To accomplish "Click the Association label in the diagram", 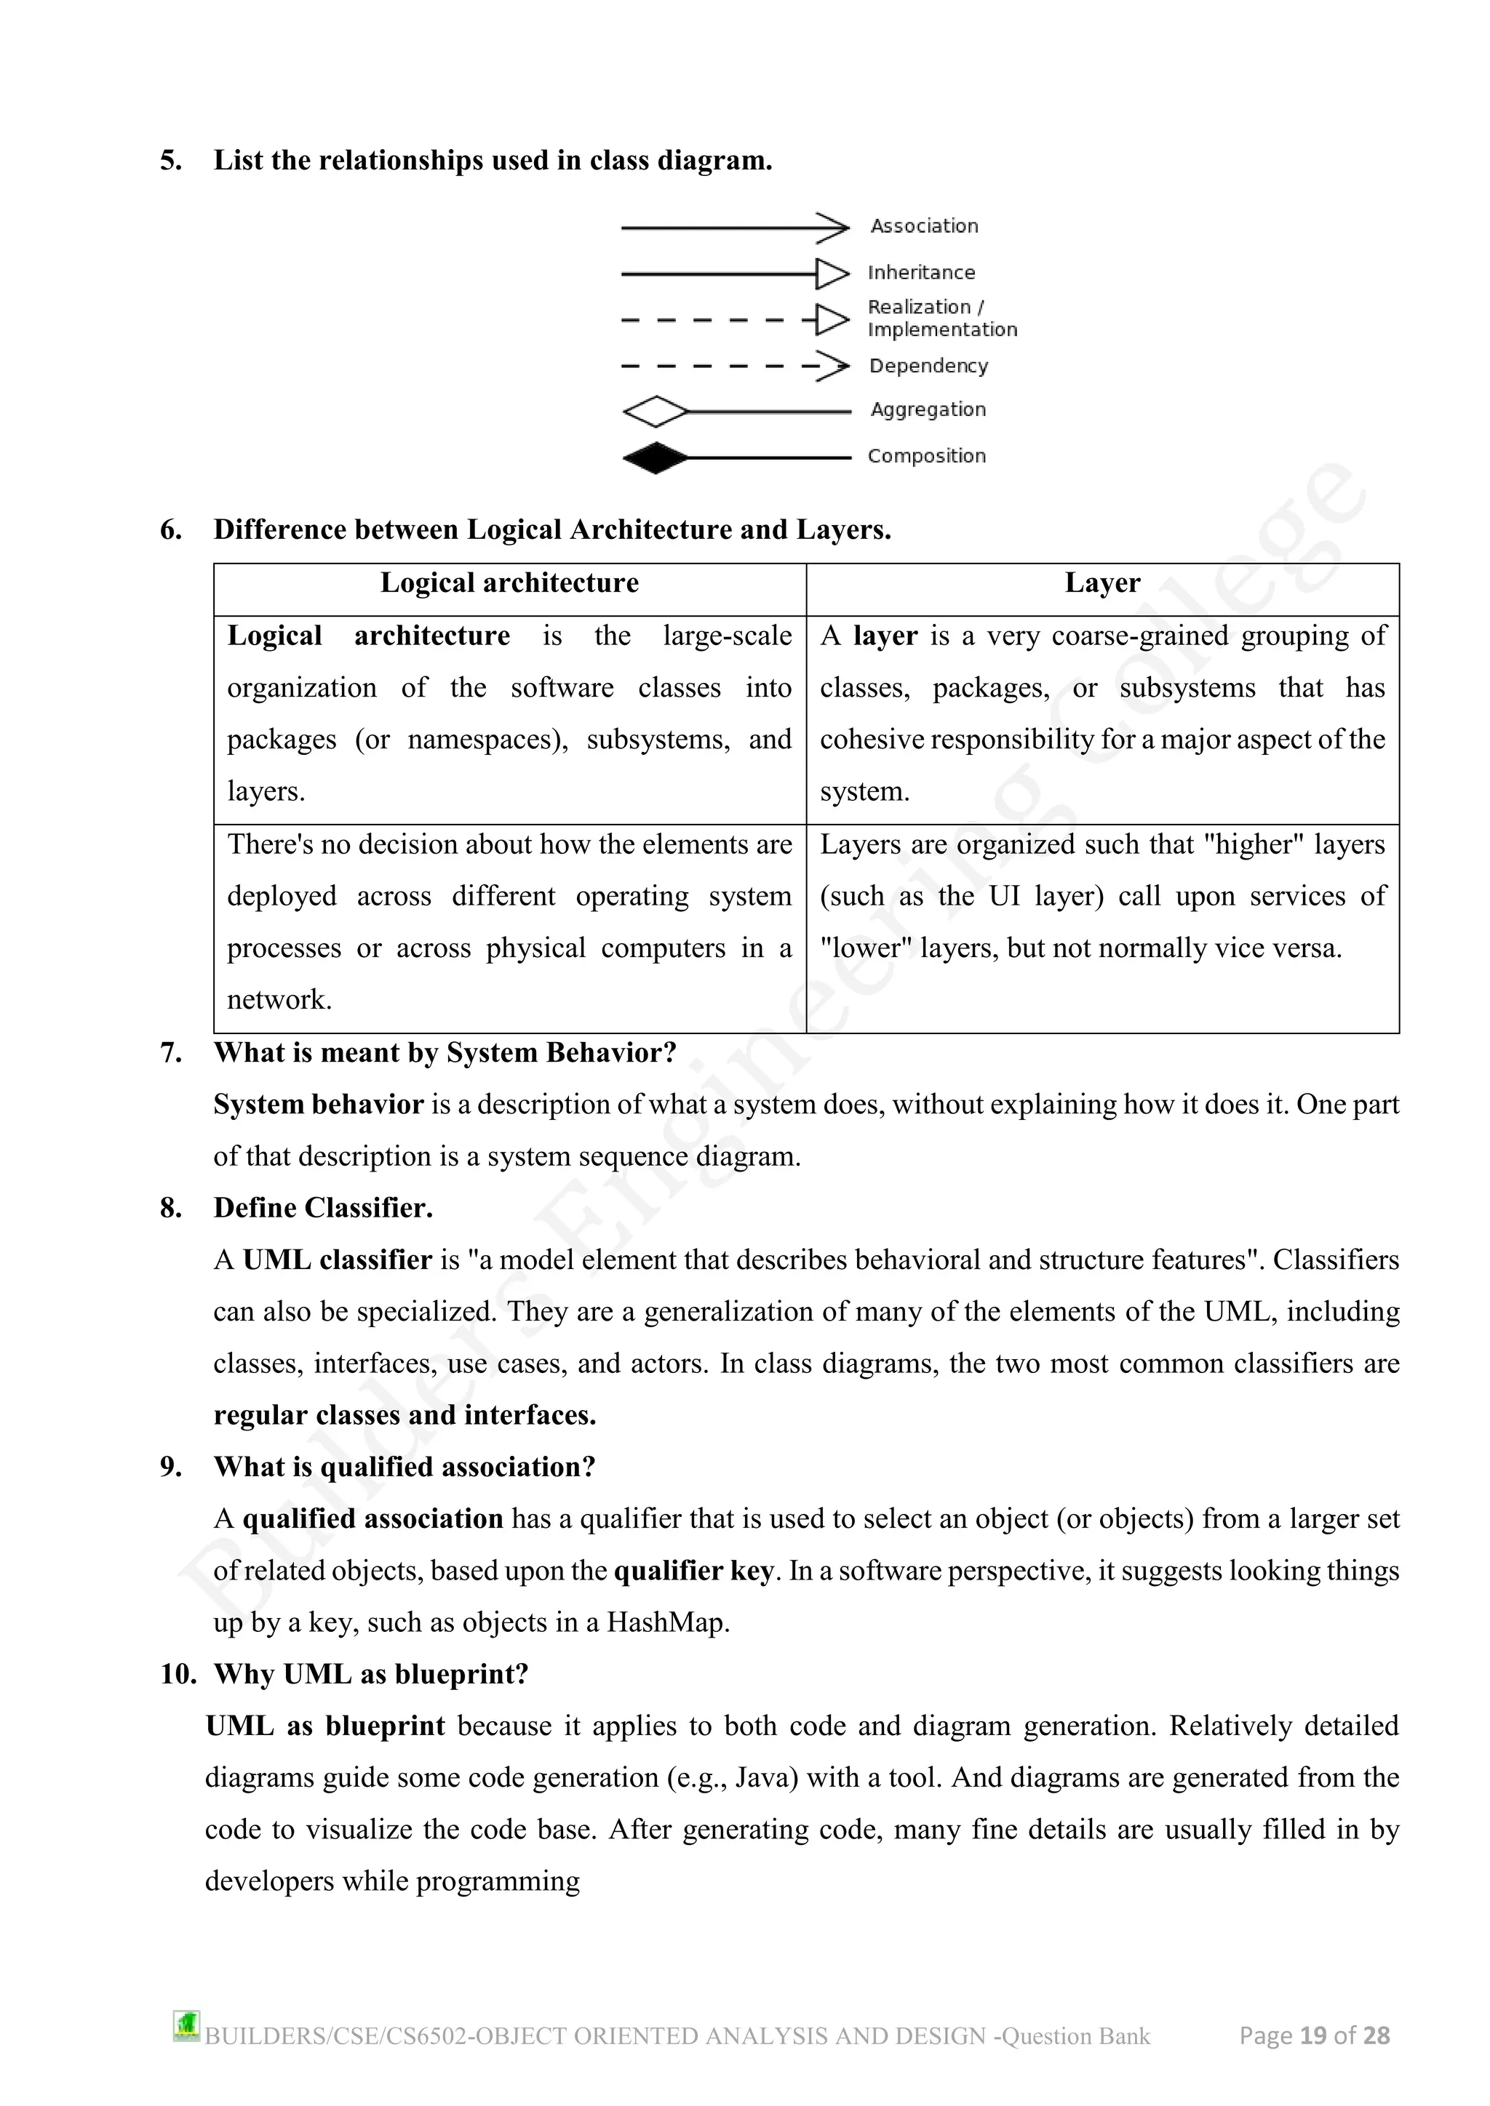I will coord(924,225).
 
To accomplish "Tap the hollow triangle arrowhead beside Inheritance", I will coord(832,273).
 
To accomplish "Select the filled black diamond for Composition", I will coord(655,457).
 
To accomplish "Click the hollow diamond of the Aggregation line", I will coord(655,412).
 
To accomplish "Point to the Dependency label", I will coord(928,366).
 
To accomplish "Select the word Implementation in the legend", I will coord(942,330).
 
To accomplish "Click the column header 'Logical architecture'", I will coord(509,583).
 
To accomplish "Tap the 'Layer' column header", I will coord(1102,583).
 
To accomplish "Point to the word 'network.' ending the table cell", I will coord(279,1000).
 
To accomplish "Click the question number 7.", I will coord(171,1053).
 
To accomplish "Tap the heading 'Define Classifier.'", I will coord(323,1208).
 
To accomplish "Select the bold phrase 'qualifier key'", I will coord(693,1572).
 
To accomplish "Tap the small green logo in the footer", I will coord(186,2026).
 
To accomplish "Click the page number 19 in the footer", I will coord(1313,2036).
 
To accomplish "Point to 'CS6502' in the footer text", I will coord(428,2037).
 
